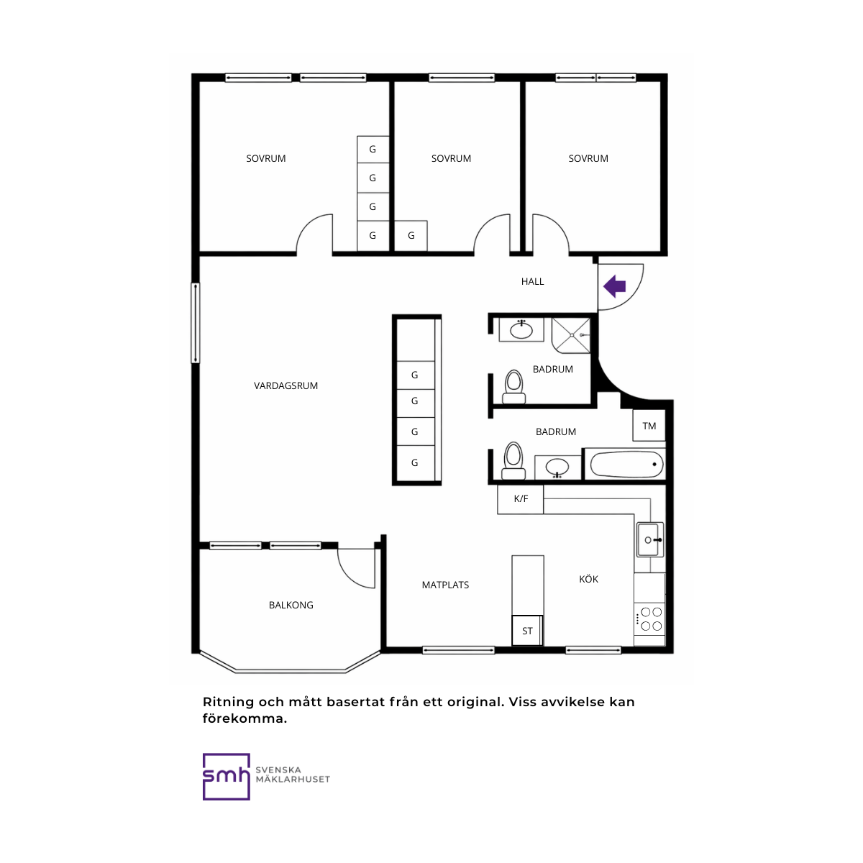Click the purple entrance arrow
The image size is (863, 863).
(x=614, y=286)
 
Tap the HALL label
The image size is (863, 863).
(x=532, y=281)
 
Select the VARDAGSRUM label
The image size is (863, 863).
(x=286, y=385)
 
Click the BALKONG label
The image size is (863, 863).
(x=291, y=605)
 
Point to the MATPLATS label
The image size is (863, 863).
(x=445, y=585)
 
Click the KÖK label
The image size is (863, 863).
(x=588, y=579)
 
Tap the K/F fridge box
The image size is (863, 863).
(x=521, y=499)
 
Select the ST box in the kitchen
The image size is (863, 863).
(x=527, y=631)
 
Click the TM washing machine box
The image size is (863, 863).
(x=649, y=426)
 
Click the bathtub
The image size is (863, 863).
(x=626, y=464)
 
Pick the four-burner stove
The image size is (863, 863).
(x=651, y=619)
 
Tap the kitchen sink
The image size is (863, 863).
(x=650, y=539)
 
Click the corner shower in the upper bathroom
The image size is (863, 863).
(x=571, y=335)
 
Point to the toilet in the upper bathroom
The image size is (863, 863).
(x=513, y=387)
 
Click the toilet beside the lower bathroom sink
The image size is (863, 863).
(x=513, y=461)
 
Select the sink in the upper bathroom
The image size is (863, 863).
(x=521, y=330)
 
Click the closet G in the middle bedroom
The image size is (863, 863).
(x=411, y=236)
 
